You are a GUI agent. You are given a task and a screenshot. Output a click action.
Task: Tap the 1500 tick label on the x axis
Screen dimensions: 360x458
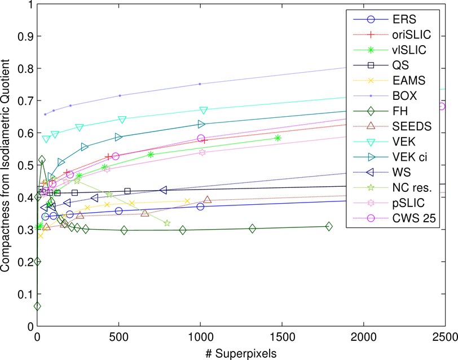281,335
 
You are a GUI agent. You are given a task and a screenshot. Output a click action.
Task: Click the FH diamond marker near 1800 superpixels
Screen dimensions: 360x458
329,226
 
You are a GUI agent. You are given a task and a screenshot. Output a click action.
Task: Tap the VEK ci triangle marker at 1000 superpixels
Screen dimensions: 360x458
201,124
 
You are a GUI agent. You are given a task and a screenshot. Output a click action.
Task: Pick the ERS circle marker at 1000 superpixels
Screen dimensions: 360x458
200,207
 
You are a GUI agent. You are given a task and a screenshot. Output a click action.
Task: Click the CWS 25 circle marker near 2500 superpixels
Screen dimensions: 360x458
442,106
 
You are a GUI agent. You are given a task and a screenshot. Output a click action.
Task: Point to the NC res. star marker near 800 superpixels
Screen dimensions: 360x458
168,223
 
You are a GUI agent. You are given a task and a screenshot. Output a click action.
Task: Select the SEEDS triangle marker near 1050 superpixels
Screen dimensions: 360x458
208,200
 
